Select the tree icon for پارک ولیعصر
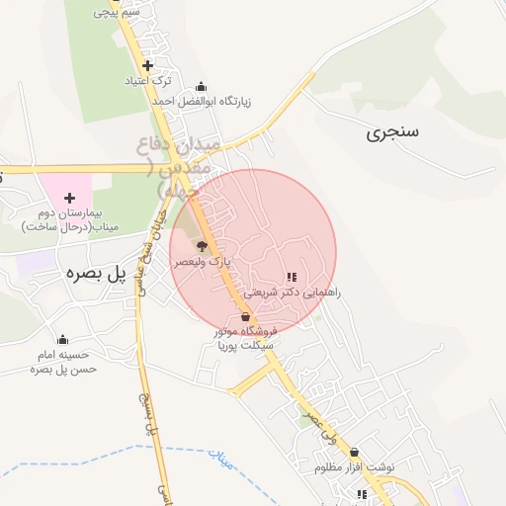[202, 246]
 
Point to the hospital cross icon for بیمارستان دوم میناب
[69, 199]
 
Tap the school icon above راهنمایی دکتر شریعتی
[291, 278]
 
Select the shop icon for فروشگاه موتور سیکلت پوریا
[245, 316]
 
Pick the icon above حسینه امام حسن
[63, 339]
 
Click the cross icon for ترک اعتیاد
[147, 65]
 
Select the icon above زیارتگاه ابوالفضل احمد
[203, 86]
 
